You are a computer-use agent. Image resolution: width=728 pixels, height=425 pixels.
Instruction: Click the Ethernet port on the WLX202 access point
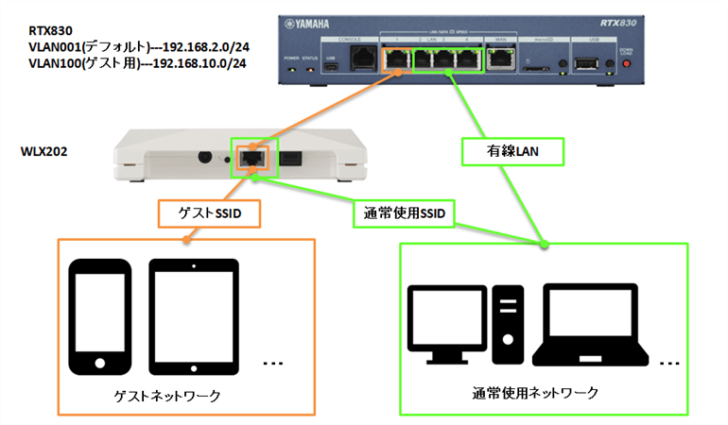(x=251, y=158)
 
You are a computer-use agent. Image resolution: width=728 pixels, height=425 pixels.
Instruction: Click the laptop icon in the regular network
(x=592, y=327)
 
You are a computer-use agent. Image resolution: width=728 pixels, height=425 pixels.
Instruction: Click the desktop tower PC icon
(x=509, y=321)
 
